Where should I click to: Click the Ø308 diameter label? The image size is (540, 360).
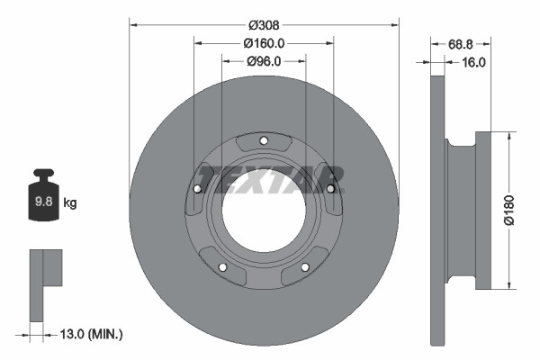point(264,24)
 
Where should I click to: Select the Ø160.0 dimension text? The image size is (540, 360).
point(264,43)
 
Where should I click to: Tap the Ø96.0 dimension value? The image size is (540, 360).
point(264,61)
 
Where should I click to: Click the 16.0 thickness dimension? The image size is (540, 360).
point(473,62)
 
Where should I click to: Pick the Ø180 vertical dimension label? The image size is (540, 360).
point(509,209)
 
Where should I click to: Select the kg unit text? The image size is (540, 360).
point(70,203)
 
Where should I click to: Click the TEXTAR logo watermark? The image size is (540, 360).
point(270,178)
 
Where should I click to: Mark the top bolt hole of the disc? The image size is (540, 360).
point(264,139)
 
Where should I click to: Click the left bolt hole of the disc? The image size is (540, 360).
point(198,188)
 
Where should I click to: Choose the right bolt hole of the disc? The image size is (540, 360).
point(330,188)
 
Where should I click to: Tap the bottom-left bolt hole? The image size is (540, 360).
point(223,266)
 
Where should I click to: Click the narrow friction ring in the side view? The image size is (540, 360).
point(438,210)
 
